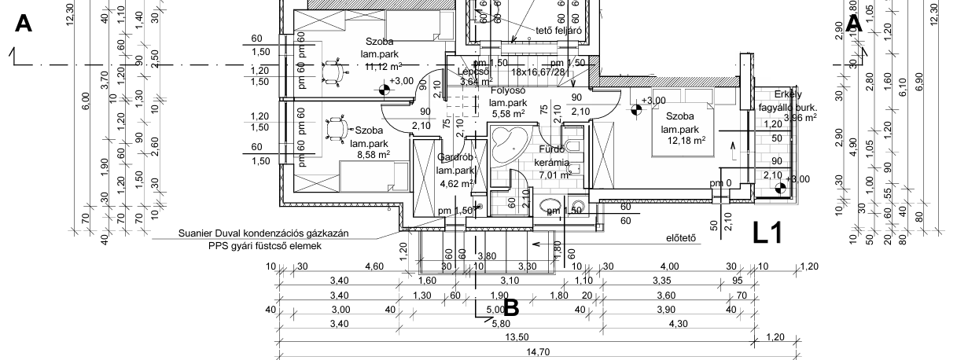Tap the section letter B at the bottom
pos(510,307)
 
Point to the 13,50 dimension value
pos(516,337)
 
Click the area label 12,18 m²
pos(685,140)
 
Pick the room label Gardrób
pos(454,157)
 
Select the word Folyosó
pos(508,90)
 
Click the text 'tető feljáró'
pos(558,31)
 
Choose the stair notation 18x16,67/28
pos(538,72)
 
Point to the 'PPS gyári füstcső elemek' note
pos(266,246)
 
